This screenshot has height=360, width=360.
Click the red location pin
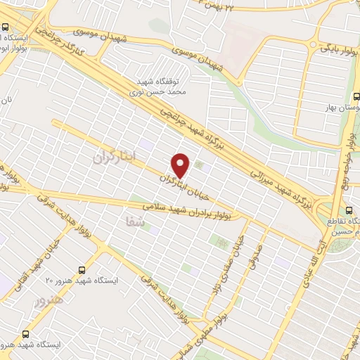coord(181,165)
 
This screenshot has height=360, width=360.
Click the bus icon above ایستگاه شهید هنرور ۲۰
coord(82,269)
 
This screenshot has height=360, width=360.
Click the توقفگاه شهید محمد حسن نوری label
coord(150,86)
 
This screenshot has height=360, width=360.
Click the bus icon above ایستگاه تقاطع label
coord(349,210)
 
